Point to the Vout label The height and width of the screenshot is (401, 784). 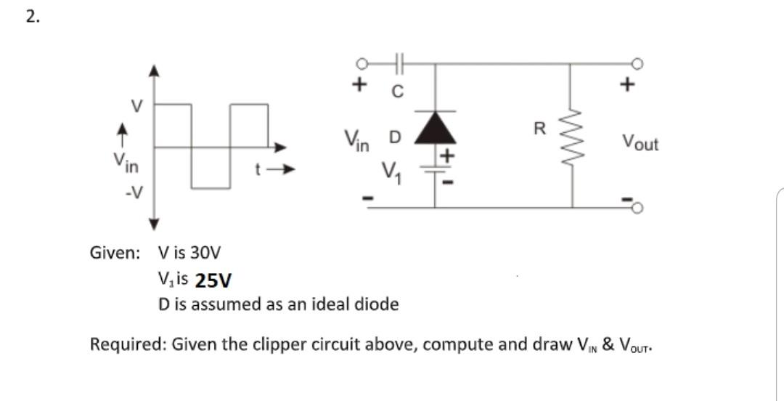[x=640, y=143]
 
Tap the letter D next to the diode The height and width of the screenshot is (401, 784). [x=394, y=137]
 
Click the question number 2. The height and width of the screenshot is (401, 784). [x=31, y=18]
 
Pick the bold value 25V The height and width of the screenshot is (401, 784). [x=214, y=280]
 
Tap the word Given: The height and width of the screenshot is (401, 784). [x=115, y=254]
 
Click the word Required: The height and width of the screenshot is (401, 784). [x=127, y=344]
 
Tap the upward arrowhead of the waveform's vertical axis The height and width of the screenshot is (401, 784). [x=152, y=70]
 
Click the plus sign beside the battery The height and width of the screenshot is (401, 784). [x=448, y=155]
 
